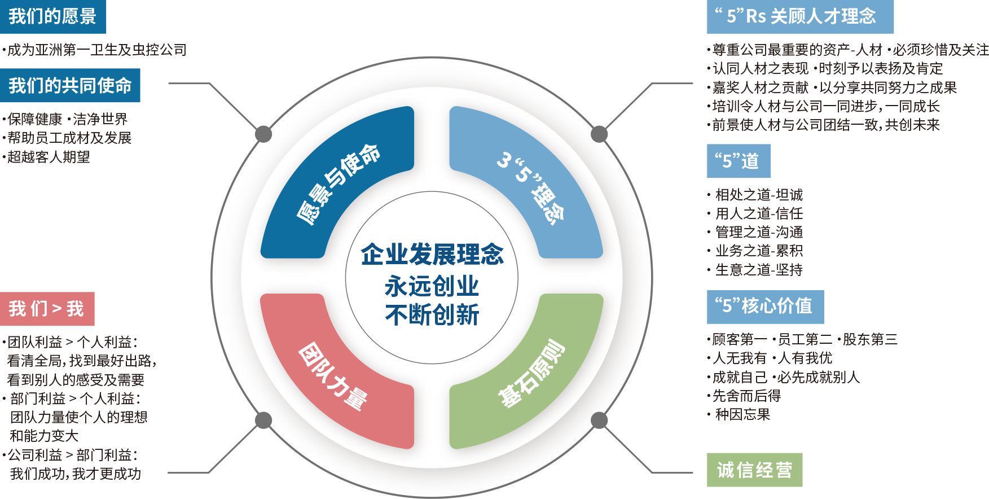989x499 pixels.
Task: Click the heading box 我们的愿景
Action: coord(52,17)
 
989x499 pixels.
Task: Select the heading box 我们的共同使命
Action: coord(70,86)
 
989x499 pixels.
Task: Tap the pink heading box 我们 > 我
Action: coord(47,309)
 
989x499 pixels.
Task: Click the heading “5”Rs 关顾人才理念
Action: coord(799,17)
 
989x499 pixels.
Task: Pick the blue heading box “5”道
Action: coord(738,161)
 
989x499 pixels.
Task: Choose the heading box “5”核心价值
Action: coord(764,307)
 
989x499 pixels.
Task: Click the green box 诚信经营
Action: coord(754,470)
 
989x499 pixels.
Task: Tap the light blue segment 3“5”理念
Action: coord(530,186)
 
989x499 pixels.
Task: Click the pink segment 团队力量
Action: coord(333,375)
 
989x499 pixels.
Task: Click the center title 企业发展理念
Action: coord(432,255)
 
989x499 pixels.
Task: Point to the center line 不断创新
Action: coord(432,315)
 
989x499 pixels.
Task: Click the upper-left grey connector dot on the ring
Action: coord(263,134)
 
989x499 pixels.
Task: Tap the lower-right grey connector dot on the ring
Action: coord(599,420)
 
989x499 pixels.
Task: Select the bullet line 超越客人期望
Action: coord(49,157)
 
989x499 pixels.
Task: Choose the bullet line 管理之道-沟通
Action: coord(759,232)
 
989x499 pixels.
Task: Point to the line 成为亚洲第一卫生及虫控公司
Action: coord(96,50)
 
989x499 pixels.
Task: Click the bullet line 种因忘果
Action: coord(742,415)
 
